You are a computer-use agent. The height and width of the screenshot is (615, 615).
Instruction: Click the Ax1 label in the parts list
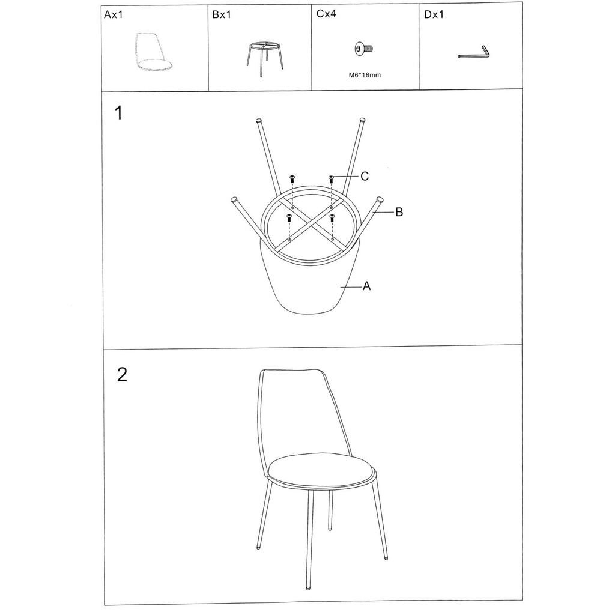[114, 15]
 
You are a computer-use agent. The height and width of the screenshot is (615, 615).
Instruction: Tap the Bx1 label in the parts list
[222, 15]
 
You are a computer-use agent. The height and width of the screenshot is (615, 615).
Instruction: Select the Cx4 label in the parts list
[326, 14]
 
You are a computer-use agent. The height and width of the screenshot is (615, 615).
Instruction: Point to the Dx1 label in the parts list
[434, 15]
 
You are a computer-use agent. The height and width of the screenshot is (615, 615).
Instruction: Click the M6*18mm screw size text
[365, 75]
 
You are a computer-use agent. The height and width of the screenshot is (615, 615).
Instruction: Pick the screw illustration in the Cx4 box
[363, 49]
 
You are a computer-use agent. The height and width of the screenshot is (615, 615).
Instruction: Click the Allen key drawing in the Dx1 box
[474, 53]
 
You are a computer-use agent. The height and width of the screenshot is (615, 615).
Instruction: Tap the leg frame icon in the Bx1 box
[265, 58]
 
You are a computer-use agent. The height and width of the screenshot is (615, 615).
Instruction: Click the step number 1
[118, 113]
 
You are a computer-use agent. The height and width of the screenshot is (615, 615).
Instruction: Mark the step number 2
[123, 375]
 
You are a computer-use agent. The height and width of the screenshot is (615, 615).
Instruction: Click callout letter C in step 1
[365, 177]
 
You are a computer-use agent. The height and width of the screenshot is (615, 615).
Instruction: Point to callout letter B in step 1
[399, 212]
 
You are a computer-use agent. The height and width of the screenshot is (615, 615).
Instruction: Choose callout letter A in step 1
[367, 286]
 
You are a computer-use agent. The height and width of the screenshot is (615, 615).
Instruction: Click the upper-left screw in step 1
[292, 179]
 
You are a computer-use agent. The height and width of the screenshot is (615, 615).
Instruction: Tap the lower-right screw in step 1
[332, 217]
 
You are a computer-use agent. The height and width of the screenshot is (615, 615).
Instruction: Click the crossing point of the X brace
[311, 224]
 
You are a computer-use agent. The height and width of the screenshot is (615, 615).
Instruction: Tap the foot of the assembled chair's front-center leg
[308, 587]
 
